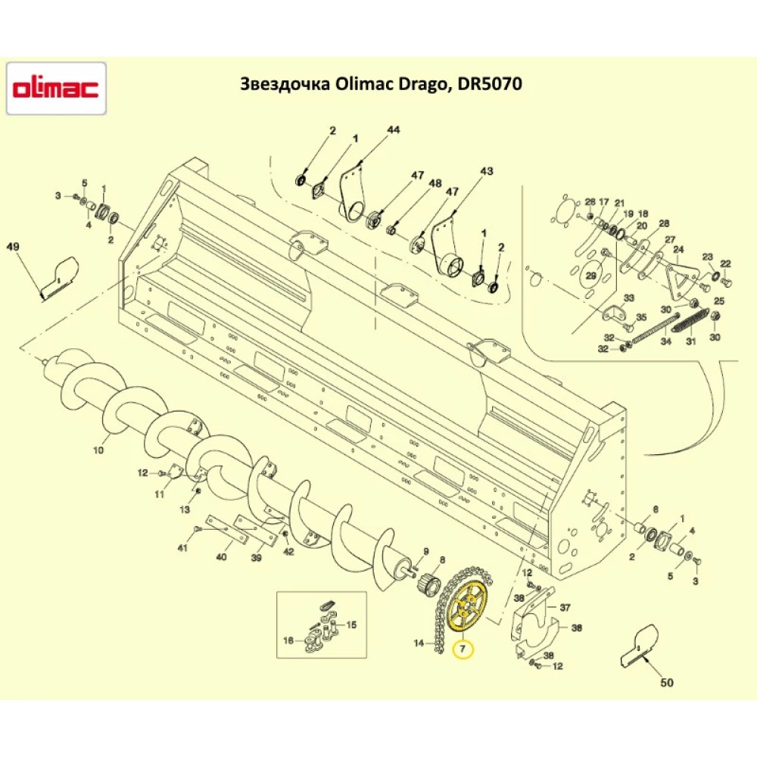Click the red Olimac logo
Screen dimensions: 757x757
[56, 89]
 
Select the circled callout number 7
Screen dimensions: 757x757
[462, 649]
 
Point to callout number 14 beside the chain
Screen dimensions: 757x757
[419, 643]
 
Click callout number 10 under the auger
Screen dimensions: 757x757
[98, 450]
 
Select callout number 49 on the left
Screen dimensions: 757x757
[12, 247]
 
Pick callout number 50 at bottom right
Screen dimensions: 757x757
[666, 683]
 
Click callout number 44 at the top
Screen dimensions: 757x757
[393, 130]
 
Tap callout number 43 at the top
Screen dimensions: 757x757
[486, 171]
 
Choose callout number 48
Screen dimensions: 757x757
[435, 183]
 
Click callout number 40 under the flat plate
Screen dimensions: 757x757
[221, 556]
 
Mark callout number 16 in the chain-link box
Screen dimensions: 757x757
[288, 640]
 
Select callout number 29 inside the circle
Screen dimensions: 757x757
[591, 276]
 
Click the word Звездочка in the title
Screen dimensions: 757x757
[282, 84]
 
